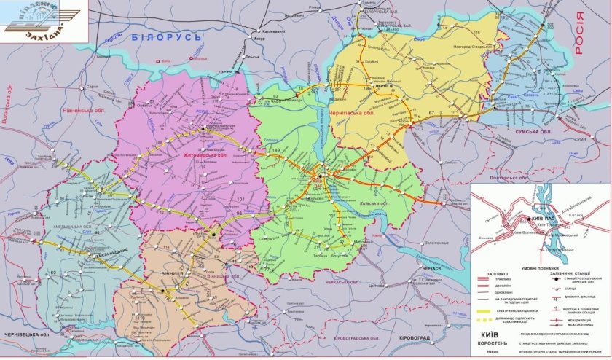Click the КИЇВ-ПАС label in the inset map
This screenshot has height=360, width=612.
(x=549, y=218)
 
